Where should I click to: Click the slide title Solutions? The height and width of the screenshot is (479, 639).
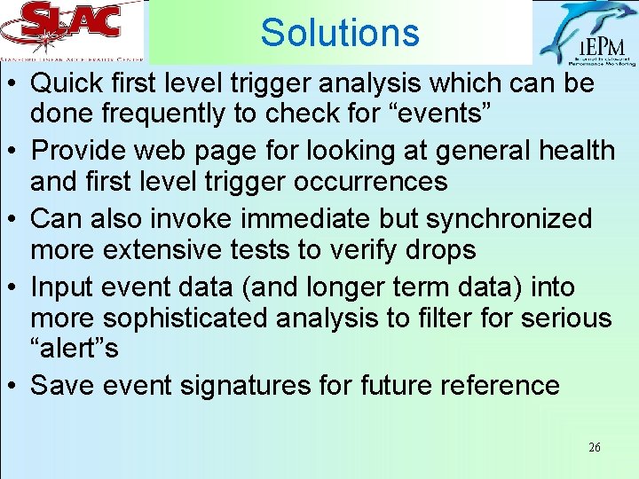(339, 33)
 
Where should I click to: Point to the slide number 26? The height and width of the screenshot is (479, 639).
(594, 448)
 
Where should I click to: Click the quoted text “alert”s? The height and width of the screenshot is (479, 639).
(75, 348)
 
